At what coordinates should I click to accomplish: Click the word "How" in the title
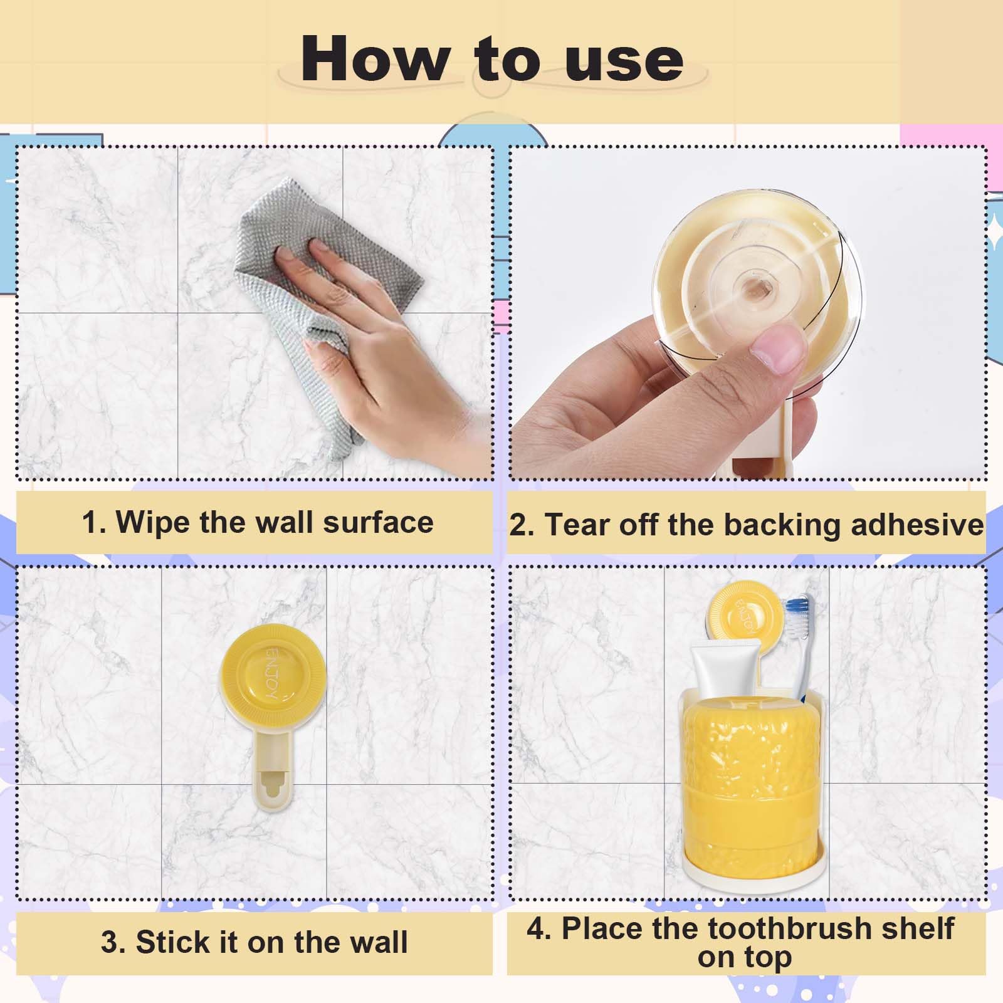(375, 60)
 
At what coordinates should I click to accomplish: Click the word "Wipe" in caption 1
(154, 522)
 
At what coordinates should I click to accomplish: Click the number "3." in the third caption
(114, 942)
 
